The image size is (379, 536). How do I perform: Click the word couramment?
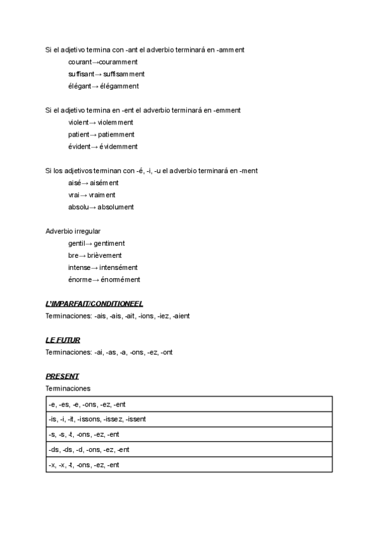point(119,62)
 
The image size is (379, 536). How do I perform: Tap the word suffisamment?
point(124,74)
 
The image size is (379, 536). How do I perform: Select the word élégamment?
point(119,86)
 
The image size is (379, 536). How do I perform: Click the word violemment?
point(116,122)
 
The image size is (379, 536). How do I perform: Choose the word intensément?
point(117,267)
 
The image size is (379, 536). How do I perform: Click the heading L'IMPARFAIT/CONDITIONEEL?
point(99,303)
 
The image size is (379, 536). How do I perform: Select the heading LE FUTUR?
point(63,340)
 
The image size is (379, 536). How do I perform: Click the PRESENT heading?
point(62,376)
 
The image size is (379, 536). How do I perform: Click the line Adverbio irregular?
point(73,231)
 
